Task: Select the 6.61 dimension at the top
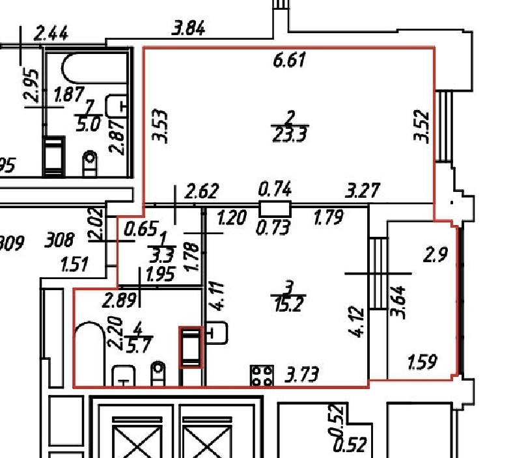pos(289,62)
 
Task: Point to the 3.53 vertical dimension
pos(160,126)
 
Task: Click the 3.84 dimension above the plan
pos(188,29)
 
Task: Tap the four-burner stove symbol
pos(262,375)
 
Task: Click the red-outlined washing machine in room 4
pos(191,347)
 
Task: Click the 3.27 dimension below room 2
pos(363,191)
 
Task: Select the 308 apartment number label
pos(59,241)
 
